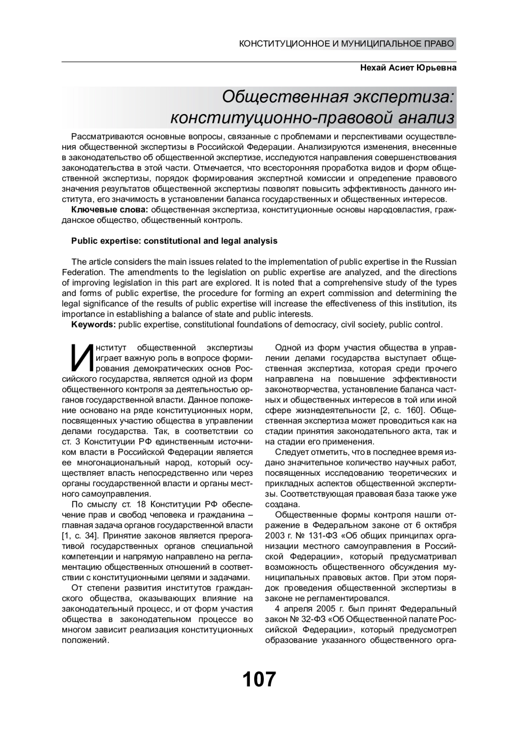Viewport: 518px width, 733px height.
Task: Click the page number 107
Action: tap(259, 679)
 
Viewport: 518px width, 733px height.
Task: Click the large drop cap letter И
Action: tap(81, 358)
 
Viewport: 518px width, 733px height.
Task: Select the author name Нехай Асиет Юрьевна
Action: tap(408, 68)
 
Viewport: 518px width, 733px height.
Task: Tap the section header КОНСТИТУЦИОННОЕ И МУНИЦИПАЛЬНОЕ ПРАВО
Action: tap(347, 44)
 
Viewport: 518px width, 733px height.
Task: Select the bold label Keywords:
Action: tap(93, 325)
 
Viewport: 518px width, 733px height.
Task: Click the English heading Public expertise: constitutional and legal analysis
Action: tap(174, 241)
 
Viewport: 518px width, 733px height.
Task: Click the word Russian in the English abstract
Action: tap(441, 262)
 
